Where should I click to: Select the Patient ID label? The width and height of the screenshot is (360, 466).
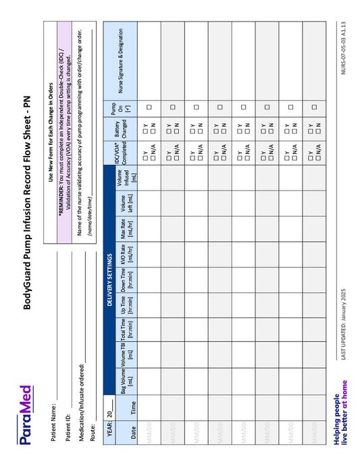tap(68, 434)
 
